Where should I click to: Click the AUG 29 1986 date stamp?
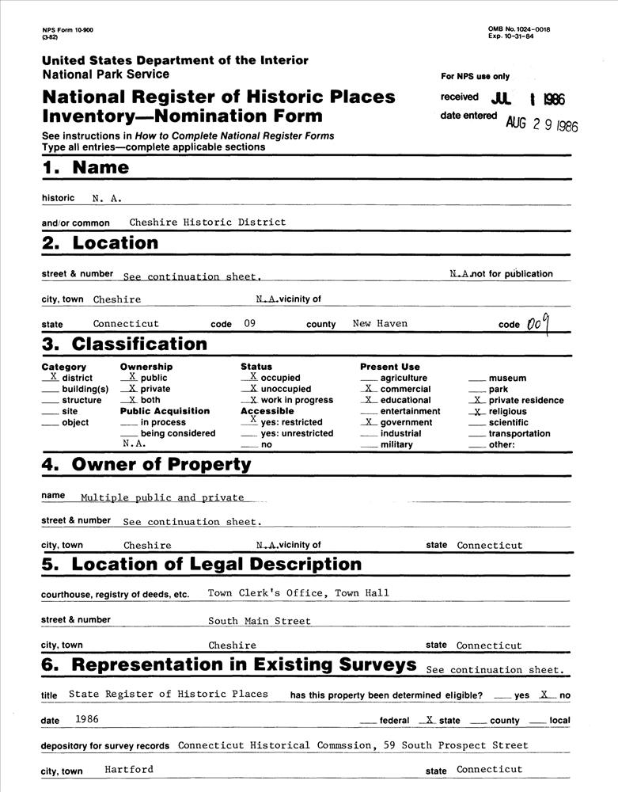542,124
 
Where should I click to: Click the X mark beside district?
54,378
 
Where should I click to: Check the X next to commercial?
369,389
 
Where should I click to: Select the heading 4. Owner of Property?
146,465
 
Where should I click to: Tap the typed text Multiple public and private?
162,497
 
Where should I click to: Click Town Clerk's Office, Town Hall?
298,592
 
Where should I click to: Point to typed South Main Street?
260,621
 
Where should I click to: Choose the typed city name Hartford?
129,769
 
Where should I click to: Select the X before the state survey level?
428,719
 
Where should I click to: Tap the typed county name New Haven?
380,323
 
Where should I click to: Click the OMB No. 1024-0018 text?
519,29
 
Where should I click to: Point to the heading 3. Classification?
124,344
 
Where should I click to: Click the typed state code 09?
250,323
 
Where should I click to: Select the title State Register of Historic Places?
169,694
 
